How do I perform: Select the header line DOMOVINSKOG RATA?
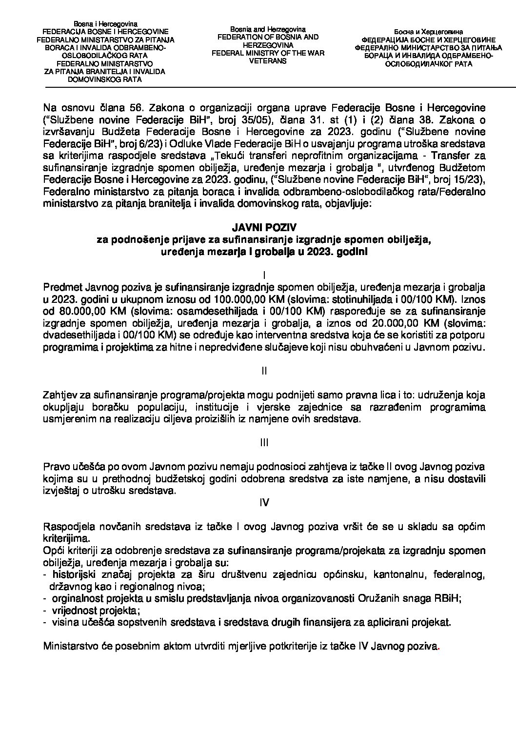106,79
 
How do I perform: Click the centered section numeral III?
264,442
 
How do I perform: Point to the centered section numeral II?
264,371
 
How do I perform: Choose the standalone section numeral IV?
264,502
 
